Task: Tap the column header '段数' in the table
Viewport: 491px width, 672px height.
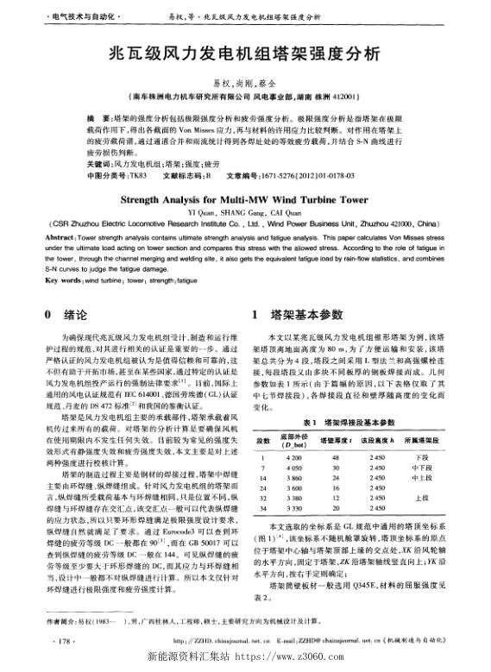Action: pos(261,439)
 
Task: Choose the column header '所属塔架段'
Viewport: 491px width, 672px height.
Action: pos(424,439)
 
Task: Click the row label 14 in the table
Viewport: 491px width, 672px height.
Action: pos(261,477)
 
